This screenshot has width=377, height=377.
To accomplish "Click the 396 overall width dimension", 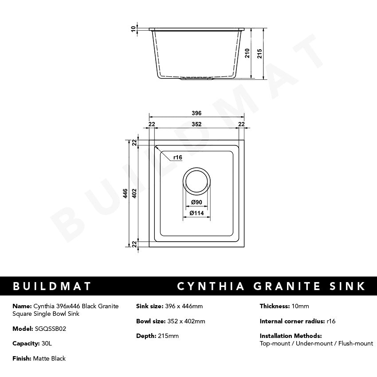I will (x=197, y=113).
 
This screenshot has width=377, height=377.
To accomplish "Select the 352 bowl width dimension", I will (x=197, y=124).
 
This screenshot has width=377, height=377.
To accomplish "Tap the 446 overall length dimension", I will (x=126, y=193).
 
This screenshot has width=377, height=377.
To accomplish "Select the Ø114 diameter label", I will (x=196, y=213).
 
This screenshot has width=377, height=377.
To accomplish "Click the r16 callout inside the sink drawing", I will (x=178, y=157).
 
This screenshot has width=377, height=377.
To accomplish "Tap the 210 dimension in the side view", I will (x=248, y=53).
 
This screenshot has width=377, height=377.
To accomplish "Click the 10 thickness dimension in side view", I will (x=133, y=29).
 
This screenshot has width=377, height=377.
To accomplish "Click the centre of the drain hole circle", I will (x=196, y=181).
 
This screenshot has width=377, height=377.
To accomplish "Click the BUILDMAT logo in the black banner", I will (x=52, y=286).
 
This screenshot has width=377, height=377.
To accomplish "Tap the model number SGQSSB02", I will (x=51, y=329).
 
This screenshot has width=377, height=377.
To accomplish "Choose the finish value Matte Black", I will (x=49, y=358).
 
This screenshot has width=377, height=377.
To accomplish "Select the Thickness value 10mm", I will (x=300, y=306).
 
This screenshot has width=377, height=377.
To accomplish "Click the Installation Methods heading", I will (x=291, y=336).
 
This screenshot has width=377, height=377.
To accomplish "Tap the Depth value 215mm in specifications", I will (x=168, y=336).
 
